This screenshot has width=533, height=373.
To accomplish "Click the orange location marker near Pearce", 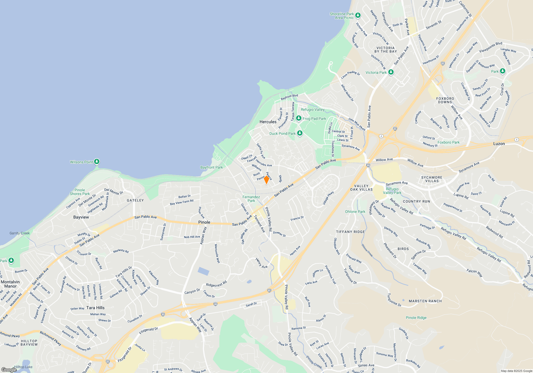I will click(266, 180).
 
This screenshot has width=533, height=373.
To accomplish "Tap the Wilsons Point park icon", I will click(97, 161).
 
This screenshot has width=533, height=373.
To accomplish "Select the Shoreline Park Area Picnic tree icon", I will click(358, 15).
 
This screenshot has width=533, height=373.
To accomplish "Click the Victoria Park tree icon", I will click(391, 72).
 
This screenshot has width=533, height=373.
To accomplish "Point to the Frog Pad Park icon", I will click(299, 118).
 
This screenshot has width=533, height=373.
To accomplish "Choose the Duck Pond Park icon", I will click(300, 133).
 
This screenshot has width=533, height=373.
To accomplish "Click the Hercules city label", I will click(268, 122).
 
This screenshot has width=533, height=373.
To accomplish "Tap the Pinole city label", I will click(204, 222).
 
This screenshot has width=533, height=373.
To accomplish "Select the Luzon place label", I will click(499, 144).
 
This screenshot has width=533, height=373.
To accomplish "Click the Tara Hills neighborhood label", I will click(95, 308).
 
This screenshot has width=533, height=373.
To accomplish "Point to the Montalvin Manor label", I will click(10, 284).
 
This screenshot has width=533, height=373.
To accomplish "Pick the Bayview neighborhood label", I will click(81, 217).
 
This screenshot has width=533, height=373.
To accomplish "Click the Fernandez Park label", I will click(251, 199).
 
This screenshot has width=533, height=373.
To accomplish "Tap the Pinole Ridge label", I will click(416, 318).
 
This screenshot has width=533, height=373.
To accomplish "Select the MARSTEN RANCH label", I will click(425, 301).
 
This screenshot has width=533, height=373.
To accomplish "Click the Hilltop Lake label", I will click(23, 367).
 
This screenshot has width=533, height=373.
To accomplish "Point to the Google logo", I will click(9, 370).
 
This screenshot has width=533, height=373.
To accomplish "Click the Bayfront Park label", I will click(212, 167).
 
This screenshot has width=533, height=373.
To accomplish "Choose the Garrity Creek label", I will click(19, 233).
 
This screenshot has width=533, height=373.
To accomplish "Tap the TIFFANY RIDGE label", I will click(350, 232).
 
